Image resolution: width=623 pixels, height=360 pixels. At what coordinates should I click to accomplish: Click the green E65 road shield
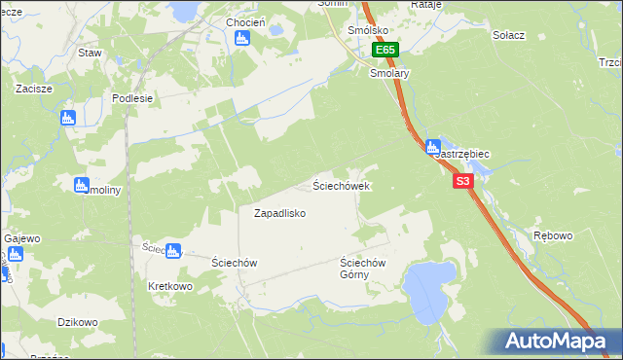click(385, 50)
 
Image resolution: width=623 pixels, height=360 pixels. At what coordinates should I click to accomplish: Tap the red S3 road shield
click(462, 181)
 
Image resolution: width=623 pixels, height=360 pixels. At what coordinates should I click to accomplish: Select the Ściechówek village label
click(340, 185)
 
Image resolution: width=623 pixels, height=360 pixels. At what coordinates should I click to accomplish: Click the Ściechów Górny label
click(363, 269)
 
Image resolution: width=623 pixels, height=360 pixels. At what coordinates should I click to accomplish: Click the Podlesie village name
click(132, 98)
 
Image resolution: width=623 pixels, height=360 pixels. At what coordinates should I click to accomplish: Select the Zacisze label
click(33, 88)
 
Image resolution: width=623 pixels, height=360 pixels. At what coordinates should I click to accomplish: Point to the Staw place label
click(91, 53)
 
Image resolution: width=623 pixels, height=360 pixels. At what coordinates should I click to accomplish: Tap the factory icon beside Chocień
click(242, 39)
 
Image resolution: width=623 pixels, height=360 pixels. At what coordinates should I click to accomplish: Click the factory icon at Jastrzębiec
click(432, 148)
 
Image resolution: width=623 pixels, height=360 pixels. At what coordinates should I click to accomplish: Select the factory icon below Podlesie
click(67, 118)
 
